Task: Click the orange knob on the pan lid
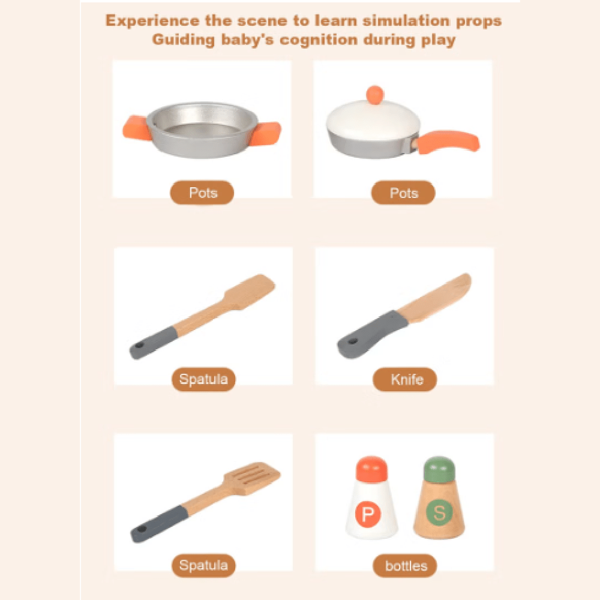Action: [x=374, y=95]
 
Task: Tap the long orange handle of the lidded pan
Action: [x=448, y=142]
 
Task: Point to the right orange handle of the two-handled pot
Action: [x=266, y=134]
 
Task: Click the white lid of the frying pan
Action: [x=373, y=120]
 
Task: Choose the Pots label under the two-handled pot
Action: [x=202, y=193]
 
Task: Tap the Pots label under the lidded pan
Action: [x=403, y=193]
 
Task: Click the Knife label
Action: [x=405, y=379]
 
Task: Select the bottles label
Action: [x=405, y=566]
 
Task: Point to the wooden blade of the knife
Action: [x=435, y=298]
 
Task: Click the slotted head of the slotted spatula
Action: [x=252, y=478]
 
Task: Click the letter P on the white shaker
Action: [x=368, y=514]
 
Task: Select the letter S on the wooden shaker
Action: [x=439, y=512]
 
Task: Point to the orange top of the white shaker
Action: [x=371, y=469]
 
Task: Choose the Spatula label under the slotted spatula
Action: [x=203, y=566]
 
